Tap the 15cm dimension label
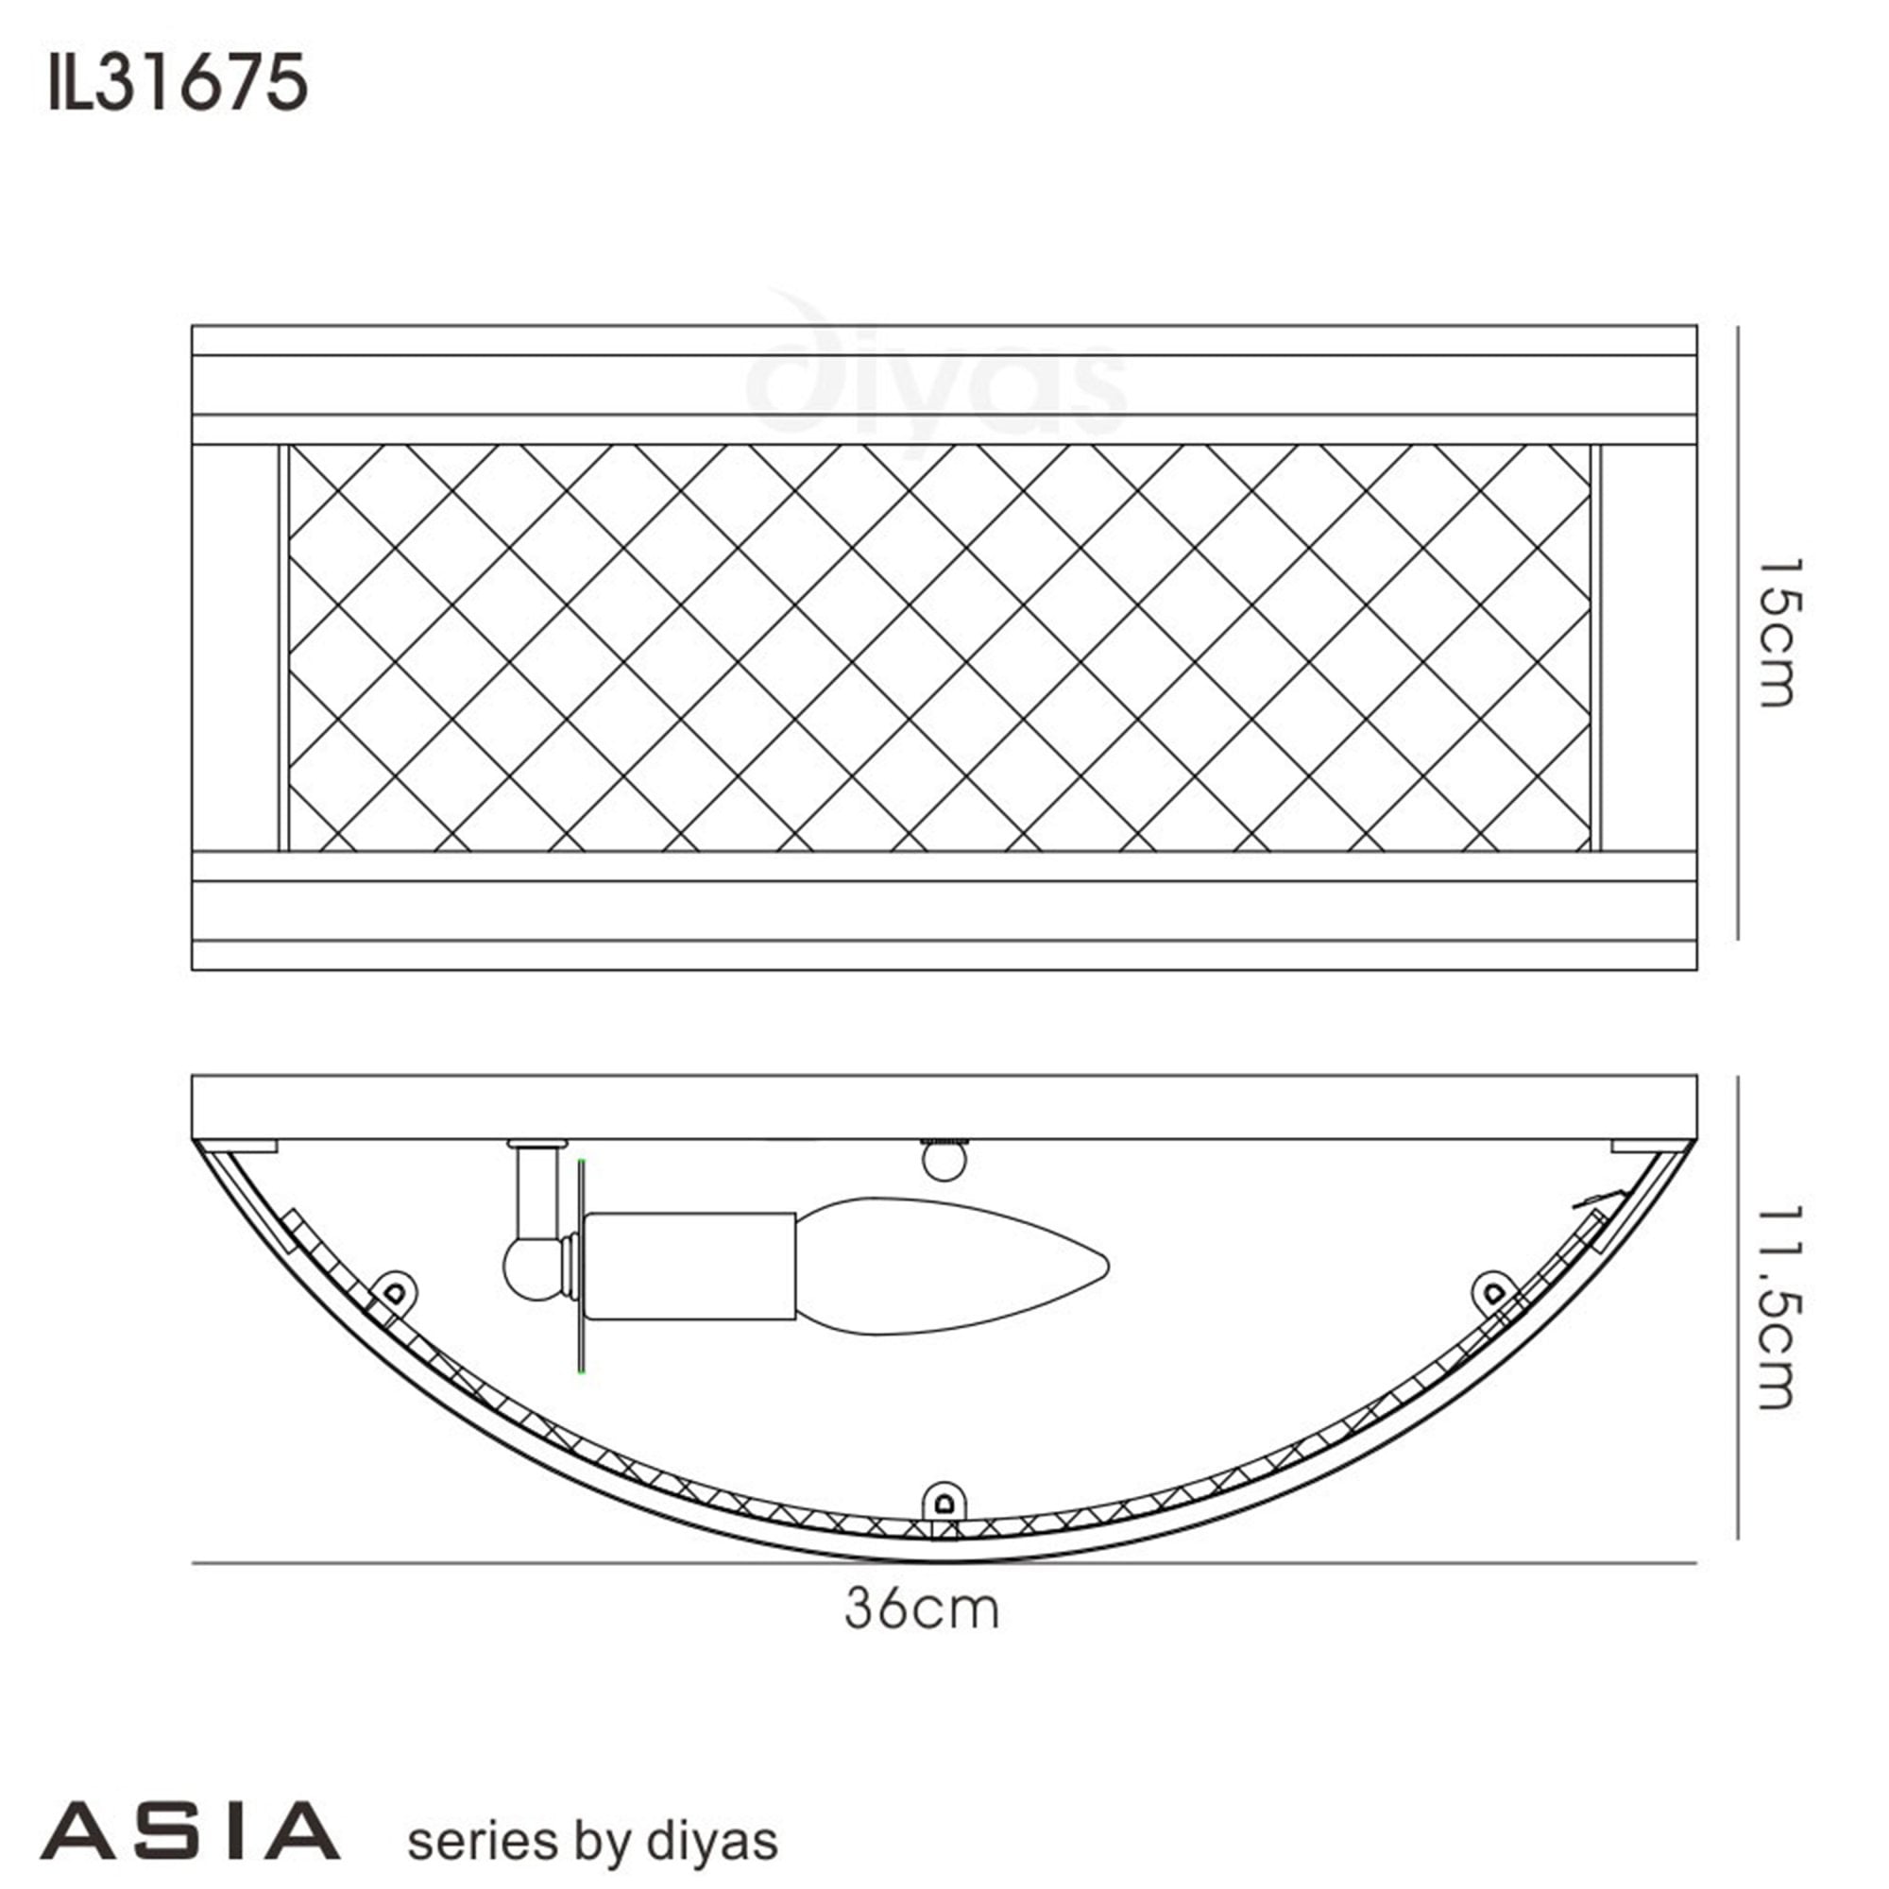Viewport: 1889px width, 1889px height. (1777, 632)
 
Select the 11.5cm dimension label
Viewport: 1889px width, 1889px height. (1777, 1306)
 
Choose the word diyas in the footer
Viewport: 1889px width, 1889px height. (712, 1842)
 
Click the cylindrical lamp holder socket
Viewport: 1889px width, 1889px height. (690, 1267)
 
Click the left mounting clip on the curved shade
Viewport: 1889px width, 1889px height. (395, 1290)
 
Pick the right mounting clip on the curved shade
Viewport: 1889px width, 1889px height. (1493, 1293)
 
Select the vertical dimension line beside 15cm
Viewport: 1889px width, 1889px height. (1738, 632)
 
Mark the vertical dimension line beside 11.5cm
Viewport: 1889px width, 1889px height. (1738, 1306)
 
